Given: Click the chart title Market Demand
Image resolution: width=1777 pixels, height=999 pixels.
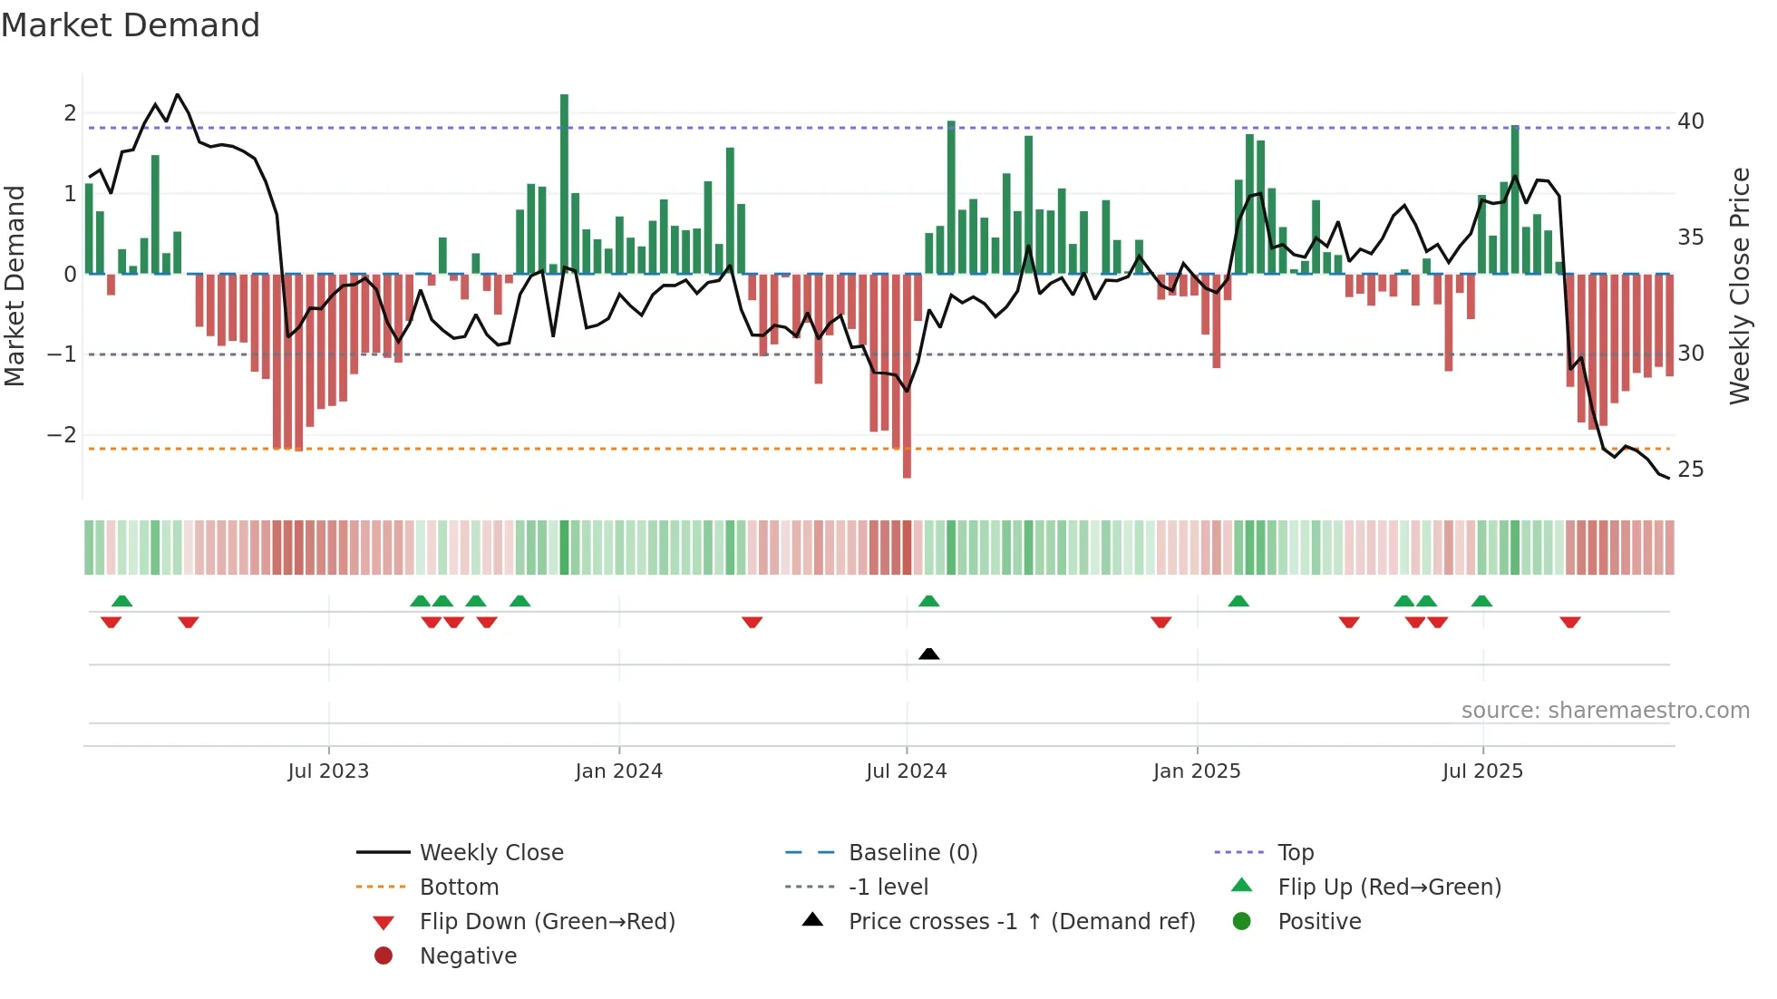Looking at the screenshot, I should coord(131,25).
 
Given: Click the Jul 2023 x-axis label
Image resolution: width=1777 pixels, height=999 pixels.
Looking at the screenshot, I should coord(328,771).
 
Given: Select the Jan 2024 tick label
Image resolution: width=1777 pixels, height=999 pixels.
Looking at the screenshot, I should coord(618,771).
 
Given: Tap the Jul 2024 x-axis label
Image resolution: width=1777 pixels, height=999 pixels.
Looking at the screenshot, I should coord(906,771).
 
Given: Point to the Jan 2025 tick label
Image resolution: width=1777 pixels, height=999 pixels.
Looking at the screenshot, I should coord(1196,771).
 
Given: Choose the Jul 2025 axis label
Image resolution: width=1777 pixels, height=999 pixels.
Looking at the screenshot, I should coord(1482,771).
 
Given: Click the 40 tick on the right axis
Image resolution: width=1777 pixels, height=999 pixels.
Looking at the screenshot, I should coord(1690,121).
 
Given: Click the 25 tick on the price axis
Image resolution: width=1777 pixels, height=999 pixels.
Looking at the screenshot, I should coord(1690,470).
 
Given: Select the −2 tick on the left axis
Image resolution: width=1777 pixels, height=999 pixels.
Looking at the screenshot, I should coord(62,434).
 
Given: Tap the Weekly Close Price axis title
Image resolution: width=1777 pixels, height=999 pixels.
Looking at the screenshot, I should coord(1739,286).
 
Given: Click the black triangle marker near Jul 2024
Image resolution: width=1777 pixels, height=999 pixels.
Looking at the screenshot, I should coord(928,654).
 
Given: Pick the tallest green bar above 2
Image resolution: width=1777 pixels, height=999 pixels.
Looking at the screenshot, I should coord(564,181).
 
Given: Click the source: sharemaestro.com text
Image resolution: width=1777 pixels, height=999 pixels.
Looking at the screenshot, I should coord(1605,711).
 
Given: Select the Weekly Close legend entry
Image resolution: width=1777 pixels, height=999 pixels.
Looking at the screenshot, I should coord(490,853).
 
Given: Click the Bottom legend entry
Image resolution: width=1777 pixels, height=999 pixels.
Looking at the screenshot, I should coord(459,887).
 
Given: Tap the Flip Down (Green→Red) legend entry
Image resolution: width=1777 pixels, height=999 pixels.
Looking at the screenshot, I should coord(547,922).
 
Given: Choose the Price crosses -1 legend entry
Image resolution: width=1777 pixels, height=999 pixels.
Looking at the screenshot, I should coord(1021,922).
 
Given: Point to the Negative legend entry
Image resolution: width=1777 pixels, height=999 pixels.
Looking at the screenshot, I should coord(468,956).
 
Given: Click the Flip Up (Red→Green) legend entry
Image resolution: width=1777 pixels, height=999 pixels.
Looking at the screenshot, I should coord(1389,887).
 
